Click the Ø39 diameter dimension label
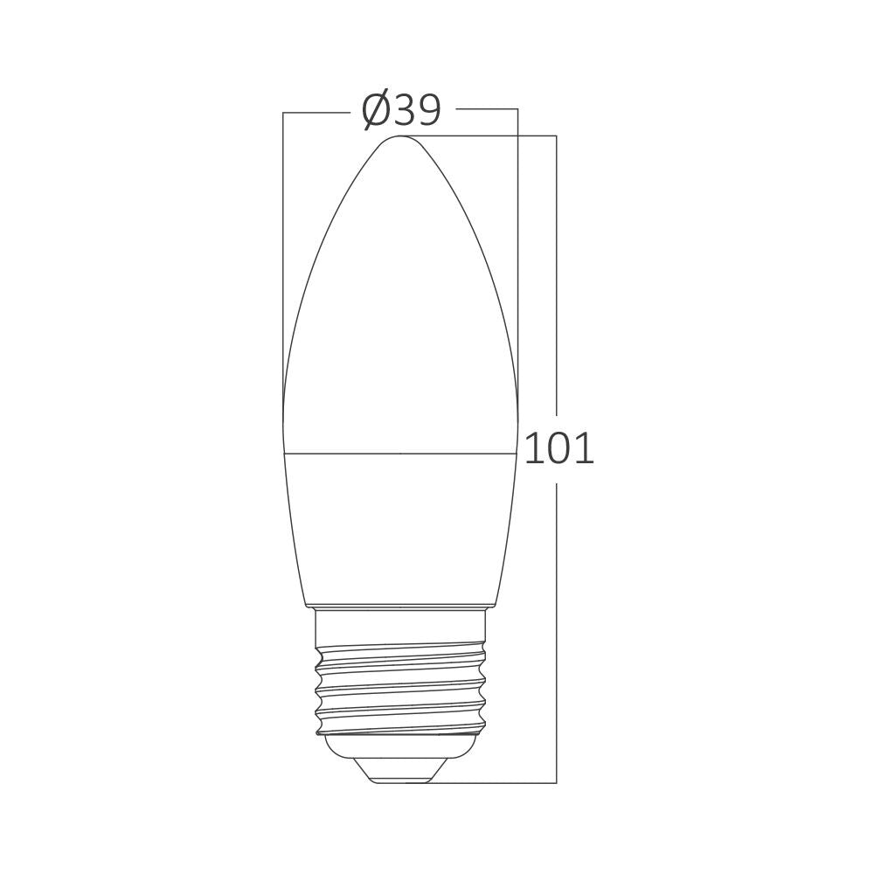(401, 110)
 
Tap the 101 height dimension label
(559, 448)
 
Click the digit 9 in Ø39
(427, 110)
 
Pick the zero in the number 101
(559, 448)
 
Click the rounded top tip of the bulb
(401, 139)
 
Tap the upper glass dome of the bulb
(401, 306)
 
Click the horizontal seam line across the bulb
(401, 453)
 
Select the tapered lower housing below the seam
(401, 524)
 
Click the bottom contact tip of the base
(401, 776)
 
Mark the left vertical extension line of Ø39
(283, 262)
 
